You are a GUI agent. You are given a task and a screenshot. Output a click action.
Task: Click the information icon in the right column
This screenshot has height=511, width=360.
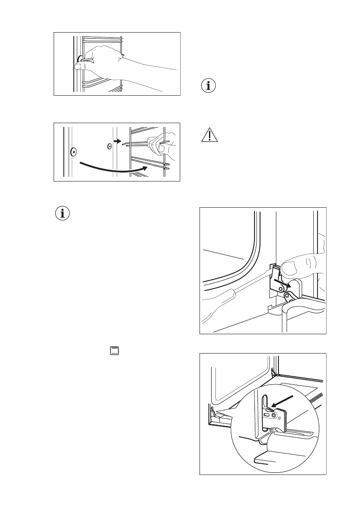pos(209,85)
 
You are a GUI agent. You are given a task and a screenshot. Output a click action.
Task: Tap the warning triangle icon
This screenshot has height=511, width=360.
pos(209,136)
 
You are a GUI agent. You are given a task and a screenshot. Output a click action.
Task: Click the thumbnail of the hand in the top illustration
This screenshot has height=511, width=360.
pos(80,66)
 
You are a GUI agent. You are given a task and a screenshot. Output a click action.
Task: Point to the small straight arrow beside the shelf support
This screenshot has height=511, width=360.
pos(118,140)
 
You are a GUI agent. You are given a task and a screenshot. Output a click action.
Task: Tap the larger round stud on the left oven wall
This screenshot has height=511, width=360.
pos(73,151)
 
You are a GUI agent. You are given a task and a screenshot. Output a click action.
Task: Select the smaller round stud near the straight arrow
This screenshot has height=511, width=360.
pos(109,146)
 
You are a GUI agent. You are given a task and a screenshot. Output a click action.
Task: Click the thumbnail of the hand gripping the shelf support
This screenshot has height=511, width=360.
pos(163,148)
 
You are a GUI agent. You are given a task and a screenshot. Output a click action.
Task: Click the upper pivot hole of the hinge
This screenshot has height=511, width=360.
pos(281,290)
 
